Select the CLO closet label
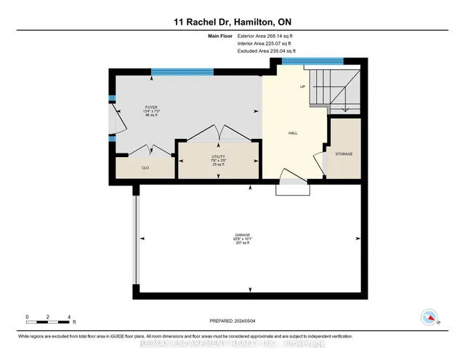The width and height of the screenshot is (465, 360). point(145,168)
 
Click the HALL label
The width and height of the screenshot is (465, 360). point(293,133)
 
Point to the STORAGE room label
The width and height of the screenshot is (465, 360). point(344,154)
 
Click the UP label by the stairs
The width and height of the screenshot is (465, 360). point(302,87)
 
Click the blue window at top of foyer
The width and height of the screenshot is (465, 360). point(182,71)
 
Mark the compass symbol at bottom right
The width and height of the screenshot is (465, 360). point(429,317)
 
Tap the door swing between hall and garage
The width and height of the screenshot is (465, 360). point(293,178)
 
